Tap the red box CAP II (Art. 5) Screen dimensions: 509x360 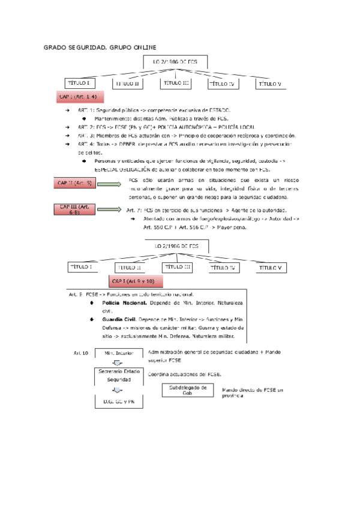(x=73, y=182)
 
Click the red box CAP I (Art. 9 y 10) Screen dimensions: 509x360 (x=136, y=281)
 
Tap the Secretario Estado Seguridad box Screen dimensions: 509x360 (x=118, y=376)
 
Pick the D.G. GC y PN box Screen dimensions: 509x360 (x=118, y=402)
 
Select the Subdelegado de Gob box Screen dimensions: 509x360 (x=187, y=390)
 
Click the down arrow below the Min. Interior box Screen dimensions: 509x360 (x=118, y=363)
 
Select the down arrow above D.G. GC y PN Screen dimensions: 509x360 (x=118, y=389)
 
